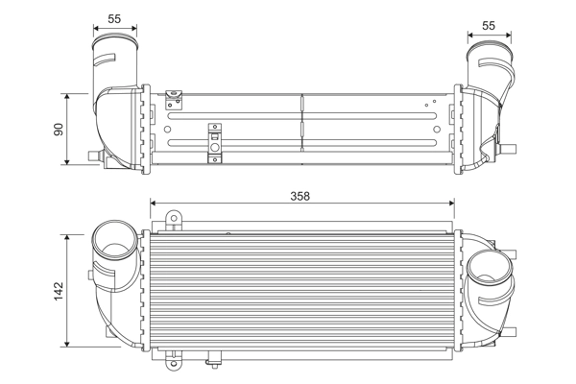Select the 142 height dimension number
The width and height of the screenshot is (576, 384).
pos(58,288)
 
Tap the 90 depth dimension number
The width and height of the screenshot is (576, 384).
pos(58,129)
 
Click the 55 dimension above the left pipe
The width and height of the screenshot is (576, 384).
pos(114,17)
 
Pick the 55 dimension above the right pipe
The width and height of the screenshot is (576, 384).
pos(489,25)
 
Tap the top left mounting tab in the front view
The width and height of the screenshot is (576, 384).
pos(173,222)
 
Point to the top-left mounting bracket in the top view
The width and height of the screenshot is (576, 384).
pos(174,96)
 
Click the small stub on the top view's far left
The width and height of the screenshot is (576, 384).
pos(93,155)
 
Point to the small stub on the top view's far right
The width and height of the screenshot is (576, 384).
pos(511,148)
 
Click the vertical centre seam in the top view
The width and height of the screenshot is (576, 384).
pos(302,122)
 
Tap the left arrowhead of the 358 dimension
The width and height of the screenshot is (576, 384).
pos(156,204)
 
